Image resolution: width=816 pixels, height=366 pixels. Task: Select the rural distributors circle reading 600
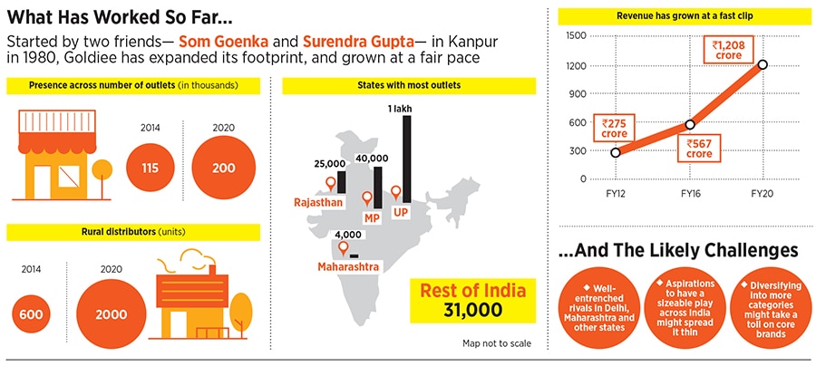pos(31,313)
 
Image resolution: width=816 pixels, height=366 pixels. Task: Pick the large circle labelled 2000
pos(111,313)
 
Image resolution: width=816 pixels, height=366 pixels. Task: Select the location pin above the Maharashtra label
pos(344,247)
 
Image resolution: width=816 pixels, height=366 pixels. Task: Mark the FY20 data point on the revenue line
pos(763,64)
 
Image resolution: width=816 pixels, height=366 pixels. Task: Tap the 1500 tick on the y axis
pos(575,35)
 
